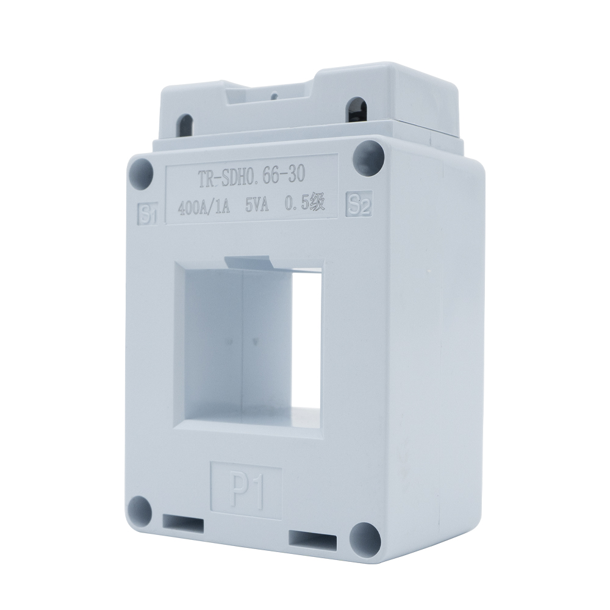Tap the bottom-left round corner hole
coord(141,508)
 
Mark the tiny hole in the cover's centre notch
coord(274,95)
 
